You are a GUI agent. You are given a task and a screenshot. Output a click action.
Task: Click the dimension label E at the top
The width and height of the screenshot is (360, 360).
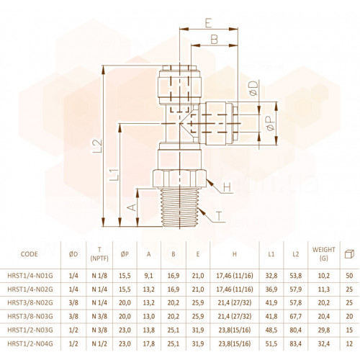pyautogui.click(x=208, y=23)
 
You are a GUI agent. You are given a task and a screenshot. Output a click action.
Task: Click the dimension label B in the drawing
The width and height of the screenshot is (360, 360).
pyautogui.click(x=215, y=40)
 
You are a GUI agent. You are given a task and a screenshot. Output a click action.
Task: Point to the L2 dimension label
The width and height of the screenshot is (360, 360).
pyautogui.click(x=97, y=146)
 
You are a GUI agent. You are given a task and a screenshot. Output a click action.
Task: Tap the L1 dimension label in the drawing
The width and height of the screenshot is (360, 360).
pyautogui.click(x=114, y=175)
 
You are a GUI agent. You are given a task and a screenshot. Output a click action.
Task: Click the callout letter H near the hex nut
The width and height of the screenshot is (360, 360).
pyautogui.click(x=227, y=187)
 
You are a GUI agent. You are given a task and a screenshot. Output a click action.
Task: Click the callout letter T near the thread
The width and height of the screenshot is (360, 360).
pyautogui.click(x=219, y=217)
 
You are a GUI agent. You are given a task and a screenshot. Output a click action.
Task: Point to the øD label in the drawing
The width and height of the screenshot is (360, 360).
pyautogui.click(x=253, y=89)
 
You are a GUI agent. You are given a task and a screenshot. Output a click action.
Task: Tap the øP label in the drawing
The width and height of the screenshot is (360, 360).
pyautogui.click(x=271, y=123)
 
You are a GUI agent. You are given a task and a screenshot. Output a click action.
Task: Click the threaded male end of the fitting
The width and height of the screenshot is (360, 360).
pyautogui.click(x=180, y=207)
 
